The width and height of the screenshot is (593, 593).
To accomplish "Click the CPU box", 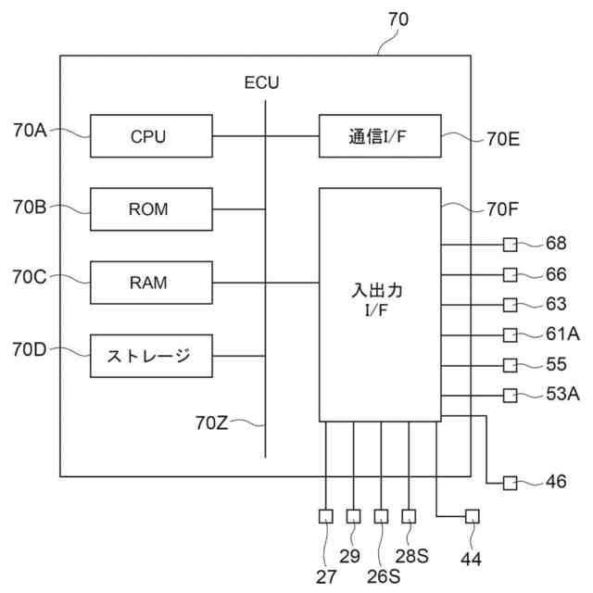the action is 151,136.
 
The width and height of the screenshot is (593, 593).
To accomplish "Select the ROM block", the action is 151,209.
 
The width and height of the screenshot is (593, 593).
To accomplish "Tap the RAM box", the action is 151,283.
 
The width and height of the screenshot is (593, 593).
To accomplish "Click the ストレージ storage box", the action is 151,356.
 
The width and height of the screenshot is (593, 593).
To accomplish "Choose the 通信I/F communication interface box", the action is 380,136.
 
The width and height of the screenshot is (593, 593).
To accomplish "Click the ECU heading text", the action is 261,82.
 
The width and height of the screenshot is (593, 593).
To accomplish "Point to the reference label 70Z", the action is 211,423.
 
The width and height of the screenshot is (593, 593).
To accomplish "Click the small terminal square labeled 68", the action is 511,245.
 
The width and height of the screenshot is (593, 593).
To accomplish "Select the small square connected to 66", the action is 511,275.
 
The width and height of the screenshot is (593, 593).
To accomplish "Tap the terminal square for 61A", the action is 511,335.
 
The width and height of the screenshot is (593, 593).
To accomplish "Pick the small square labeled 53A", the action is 511,396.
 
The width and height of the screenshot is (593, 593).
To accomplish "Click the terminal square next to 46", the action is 511,483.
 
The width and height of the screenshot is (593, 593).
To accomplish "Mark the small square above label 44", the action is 473,516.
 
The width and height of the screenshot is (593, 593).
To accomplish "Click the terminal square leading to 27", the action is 326,516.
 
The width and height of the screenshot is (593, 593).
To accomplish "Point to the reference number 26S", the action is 384,576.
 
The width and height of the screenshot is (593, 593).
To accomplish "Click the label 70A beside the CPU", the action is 30,130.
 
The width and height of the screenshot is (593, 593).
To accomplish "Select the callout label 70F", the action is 502,209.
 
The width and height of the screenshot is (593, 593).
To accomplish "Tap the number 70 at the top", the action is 398,19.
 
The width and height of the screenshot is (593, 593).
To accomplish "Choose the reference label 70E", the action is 503,139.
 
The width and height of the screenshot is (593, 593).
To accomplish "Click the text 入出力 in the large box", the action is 377,291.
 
